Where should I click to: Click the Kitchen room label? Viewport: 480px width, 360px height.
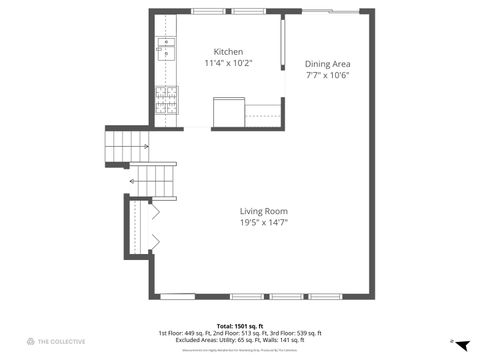(x=227, y=52)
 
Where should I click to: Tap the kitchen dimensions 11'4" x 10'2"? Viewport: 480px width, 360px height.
(x=227, y=63)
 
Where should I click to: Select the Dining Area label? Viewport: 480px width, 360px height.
(x=328, y=64)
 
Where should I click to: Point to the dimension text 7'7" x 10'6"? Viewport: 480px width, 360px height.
(x=328, y=75)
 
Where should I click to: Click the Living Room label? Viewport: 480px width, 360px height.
(x=263, y=211)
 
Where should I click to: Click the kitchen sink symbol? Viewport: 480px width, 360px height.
(x=164, y=47)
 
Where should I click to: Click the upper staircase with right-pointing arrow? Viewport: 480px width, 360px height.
(x=128, y=146)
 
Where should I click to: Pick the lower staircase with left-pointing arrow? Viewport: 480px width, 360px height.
(x=154, y=180)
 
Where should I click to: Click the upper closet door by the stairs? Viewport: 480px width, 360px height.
(x=154, y=212)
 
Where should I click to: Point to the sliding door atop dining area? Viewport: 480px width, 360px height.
(x=329, y=12)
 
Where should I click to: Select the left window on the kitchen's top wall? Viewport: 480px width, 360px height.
(x=189, y=12)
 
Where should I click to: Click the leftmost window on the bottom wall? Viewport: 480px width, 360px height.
(x=178, y=296)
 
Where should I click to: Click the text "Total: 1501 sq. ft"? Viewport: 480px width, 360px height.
(x=239, y=325)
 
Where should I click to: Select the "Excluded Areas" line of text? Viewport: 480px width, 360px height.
(x=239, y=339)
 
